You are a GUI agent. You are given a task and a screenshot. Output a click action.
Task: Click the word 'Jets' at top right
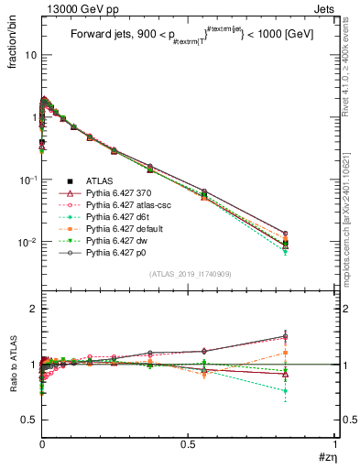click(x=325, y=7)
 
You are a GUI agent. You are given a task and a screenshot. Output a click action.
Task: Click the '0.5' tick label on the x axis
click(x=188, y=444)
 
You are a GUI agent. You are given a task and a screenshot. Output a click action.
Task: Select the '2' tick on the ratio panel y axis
click(x=33, y=309)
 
